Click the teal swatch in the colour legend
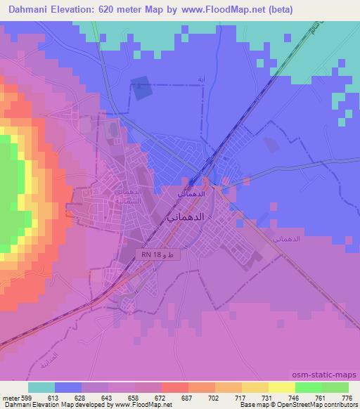[41, 387]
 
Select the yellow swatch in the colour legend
[282, 387]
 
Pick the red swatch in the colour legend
[175, 387]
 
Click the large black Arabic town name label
[187, 217]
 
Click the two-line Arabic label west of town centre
[128, 195]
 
